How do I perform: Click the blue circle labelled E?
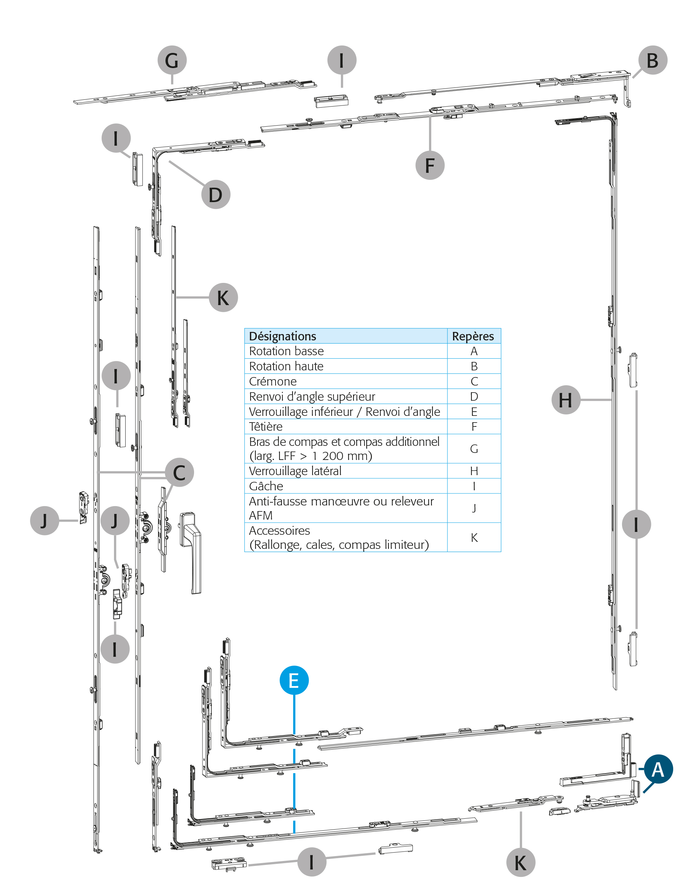[294, 680]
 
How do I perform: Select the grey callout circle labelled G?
[172, 60]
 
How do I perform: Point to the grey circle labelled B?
[652, 60]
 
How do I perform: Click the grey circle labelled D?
[216, 194]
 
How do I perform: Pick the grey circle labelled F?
[430, 165]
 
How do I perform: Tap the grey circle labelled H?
[566, 400]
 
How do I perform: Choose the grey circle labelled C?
[179, 472]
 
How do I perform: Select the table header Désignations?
[283, 336]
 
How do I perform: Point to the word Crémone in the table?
[273, 381]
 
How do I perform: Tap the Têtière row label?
[266, 426]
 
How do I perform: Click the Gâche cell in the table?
[266, 486]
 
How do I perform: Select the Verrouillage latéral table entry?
[295, 471]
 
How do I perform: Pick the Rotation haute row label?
[286, 366]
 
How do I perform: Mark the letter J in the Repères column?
[474, 508]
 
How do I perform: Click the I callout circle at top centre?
[342, 60]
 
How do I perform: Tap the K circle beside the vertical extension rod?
[223, 297]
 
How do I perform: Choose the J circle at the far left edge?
[44, 520]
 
